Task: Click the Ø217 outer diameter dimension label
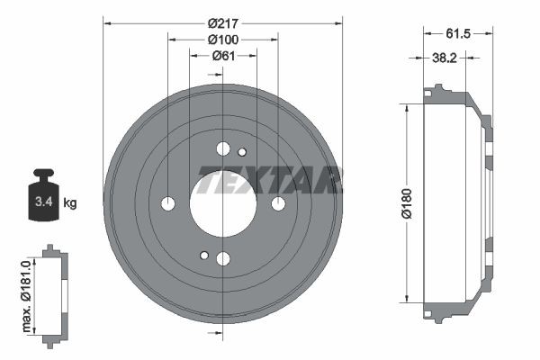(222, 22)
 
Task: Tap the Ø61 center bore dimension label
(222, 56)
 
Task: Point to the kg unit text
(70, 203)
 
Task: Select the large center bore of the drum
(222, 203)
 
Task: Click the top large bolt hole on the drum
(222, 148)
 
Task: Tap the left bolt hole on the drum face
(167, 203)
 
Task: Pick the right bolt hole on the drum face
(278, 203)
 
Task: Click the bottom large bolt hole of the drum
(222, 259)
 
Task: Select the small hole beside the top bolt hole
(241, 151)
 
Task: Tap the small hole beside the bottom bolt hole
(204, 256)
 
